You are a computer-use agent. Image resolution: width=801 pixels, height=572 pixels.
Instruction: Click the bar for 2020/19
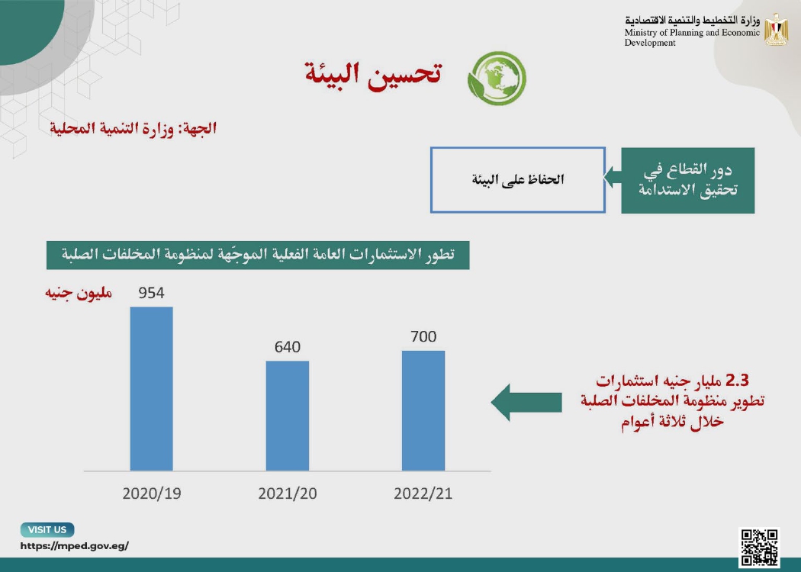point(151,389)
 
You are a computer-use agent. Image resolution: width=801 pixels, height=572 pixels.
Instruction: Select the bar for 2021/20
point(288,416)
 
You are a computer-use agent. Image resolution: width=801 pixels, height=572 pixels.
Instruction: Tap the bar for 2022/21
point(423,410)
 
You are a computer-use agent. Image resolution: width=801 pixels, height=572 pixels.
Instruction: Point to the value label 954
point(151,293)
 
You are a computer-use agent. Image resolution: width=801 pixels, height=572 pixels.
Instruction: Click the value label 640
point(288,347)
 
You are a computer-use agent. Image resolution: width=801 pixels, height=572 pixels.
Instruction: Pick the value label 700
point(423,336)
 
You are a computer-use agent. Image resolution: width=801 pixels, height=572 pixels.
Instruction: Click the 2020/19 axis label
point(152,493)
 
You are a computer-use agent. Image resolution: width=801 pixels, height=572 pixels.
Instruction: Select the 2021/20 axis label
point(288,493)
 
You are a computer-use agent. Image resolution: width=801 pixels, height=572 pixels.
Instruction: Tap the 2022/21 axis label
point(423,493)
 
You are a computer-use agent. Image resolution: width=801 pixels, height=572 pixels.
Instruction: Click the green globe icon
point(497,78)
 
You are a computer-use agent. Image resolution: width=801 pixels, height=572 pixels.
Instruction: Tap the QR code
point(759,548)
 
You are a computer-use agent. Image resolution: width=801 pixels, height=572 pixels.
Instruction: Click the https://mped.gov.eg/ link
point(75,545)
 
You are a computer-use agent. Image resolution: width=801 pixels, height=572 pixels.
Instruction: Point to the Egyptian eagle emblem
point(777,30)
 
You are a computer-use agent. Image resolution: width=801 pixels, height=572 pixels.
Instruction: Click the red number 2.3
point(737,381)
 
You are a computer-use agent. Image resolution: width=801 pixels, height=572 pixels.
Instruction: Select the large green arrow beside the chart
point(526,403)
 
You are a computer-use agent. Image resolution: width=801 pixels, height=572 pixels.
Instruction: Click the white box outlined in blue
point(518,180)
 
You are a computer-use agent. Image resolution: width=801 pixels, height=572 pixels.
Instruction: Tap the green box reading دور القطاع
point(687,180)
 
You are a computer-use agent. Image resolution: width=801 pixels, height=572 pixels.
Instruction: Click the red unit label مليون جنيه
point(79,293)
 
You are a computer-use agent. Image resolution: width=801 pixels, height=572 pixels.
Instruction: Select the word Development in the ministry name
point(650,43)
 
